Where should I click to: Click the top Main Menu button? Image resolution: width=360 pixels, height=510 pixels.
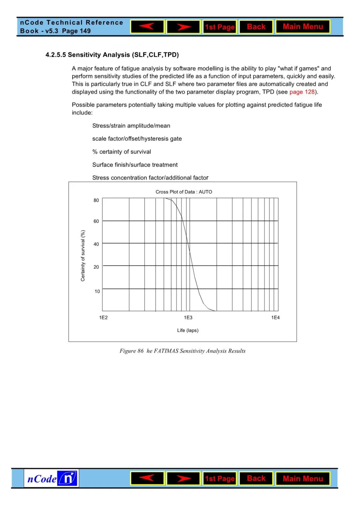point(303,27)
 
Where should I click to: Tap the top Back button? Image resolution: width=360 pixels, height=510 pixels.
point(256,27)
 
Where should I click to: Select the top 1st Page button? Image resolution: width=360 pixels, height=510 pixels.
point(220,27)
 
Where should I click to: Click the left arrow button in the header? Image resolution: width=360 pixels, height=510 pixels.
point(147,27)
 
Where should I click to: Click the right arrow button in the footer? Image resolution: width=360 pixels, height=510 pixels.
point(183,479)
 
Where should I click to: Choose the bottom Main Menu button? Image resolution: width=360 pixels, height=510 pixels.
point(303,479)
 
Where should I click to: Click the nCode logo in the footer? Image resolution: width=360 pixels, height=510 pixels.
point(51,478)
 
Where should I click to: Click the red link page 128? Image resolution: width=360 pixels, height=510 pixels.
point(302,92)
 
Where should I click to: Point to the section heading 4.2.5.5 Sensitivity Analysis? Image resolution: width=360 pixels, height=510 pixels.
point(112,55)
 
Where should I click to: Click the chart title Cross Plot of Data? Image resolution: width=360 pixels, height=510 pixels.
point(184,192)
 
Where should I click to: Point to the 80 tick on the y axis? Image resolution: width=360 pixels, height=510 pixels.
point(96,200)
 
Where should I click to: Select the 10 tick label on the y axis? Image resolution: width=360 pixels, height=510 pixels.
point(97,291)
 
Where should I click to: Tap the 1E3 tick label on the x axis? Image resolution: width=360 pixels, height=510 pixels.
point(188,318)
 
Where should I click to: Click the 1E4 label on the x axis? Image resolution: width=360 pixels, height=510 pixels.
point(275,318)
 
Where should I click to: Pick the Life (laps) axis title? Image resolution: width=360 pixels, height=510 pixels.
point(188,330)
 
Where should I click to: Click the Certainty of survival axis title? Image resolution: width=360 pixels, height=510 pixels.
point(83,256)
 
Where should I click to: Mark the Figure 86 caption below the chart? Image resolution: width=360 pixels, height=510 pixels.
point(182,351)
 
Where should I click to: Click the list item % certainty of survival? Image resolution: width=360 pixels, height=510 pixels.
point(122,152)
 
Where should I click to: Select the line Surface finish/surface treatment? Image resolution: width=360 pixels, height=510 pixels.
point(135,165)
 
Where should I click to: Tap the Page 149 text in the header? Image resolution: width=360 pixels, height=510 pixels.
point(76,31)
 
